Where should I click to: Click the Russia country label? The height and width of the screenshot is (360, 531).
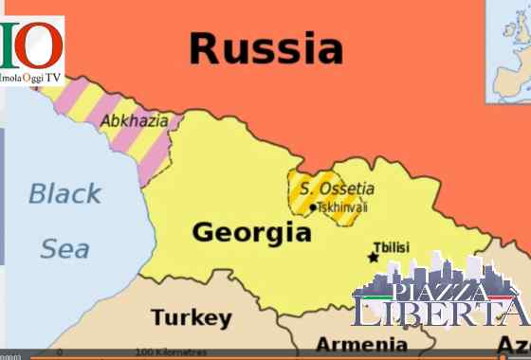tap(265, 47)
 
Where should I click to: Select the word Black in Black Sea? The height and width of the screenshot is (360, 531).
tap(64, 194)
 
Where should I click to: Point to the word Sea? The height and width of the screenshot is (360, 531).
tap(64, 248)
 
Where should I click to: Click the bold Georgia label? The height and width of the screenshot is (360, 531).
tap(251, 232)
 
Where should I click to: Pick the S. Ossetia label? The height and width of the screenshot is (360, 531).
tap(338, 189)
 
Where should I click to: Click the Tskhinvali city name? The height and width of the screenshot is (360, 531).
tap(342, 207)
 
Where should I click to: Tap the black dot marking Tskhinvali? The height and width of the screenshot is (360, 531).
tap(313, 207)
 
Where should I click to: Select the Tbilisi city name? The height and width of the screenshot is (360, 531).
tap(392, 245)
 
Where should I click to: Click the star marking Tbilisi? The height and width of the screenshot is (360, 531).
tap(373, 257)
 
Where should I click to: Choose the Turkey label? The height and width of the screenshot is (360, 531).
tap(191, 316)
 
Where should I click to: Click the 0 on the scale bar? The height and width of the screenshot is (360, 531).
tap(60, 352)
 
